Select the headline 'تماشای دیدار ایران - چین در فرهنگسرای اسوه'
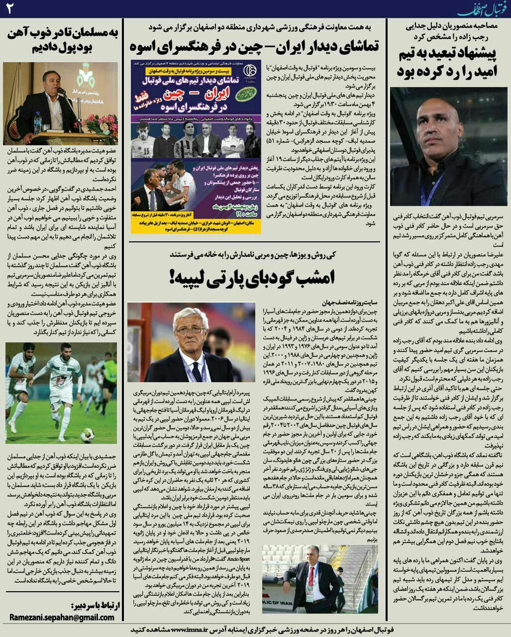(x=254, y=46)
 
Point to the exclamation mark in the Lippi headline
(x=173, y=277)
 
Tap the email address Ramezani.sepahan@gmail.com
(x=62, y=617)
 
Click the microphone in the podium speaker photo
(x=61, y=92)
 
